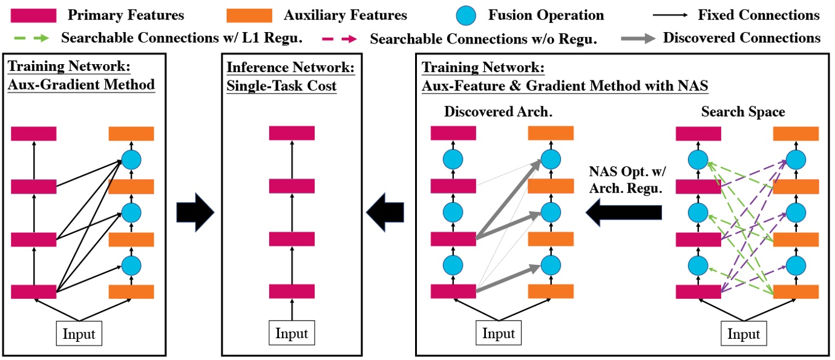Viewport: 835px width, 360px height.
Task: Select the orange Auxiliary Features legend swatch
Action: [249, 15]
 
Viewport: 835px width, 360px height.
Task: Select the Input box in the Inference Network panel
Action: [292, 334]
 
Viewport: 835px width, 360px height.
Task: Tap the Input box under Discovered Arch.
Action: [499, 334]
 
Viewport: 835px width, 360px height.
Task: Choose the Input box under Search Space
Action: [744, 334]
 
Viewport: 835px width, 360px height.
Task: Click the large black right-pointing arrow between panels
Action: [195, 212]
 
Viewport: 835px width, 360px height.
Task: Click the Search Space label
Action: [743, 112]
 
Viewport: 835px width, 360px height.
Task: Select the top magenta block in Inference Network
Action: [292, 133]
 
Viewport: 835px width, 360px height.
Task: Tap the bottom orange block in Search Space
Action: [796, 291]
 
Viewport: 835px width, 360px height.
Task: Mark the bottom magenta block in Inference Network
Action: [292, 291]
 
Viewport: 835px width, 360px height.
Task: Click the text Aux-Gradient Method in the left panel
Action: [81, 85]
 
